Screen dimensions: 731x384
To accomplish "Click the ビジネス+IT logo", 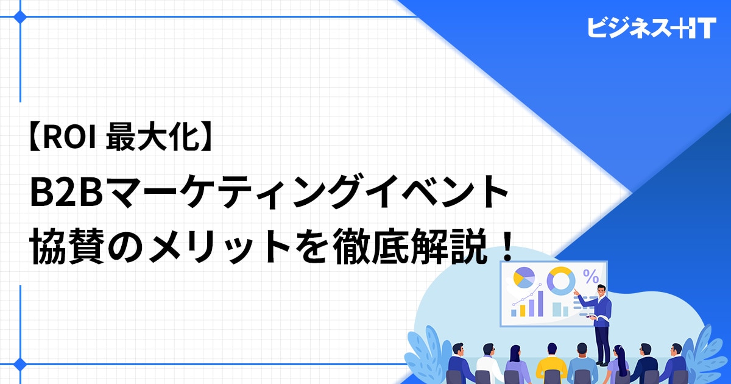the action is (x=652, y=28).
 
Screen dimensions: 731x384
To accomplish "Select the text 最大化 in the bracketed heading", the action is (x=153, y=138).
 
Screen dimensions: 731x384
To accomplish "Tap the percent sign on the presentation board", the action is (x=591, y=276).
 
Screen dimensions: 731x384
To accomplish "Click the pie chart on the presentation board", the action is (x=524, y=278).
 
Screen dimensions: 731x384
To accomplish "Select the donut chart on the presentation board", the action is (x=561, y=281).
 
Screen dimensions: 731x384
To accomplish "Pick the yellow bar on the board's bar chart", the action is (x=523, y=310).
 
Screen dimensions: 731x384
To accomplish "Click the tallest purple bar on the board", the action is (x=540, y=304).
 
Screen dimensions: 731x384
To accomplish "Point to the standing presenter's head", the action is (x=601, y=290).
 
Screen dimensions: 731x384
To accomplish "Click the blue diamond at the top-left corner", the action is (x=20, y=16).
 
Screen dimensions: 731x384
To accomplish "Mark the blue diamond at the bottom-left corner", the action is (x=20, y=364).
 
